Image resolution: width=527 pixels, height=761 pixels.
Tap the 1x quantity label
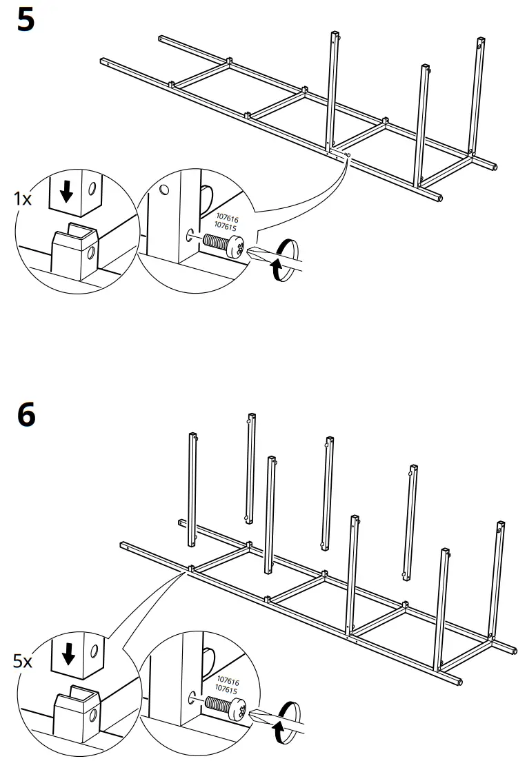tap(23, 199)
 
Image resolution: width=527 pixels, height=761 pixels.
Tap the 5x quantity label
tap(23, 662)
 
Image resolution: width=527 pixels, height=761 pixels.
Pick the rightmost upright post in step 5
tap(477, 97)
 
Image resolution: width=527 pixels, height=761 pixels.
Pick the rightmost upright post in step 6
tap(497, 579)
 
